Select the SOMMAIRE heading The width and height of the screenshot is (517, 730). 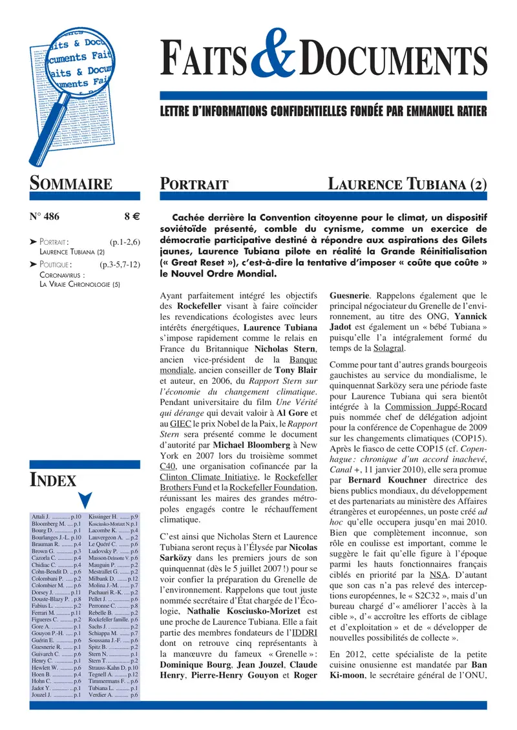click(71, 183)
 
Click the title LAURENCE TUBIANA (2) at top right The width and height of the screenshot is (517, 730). click(407, 184)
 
